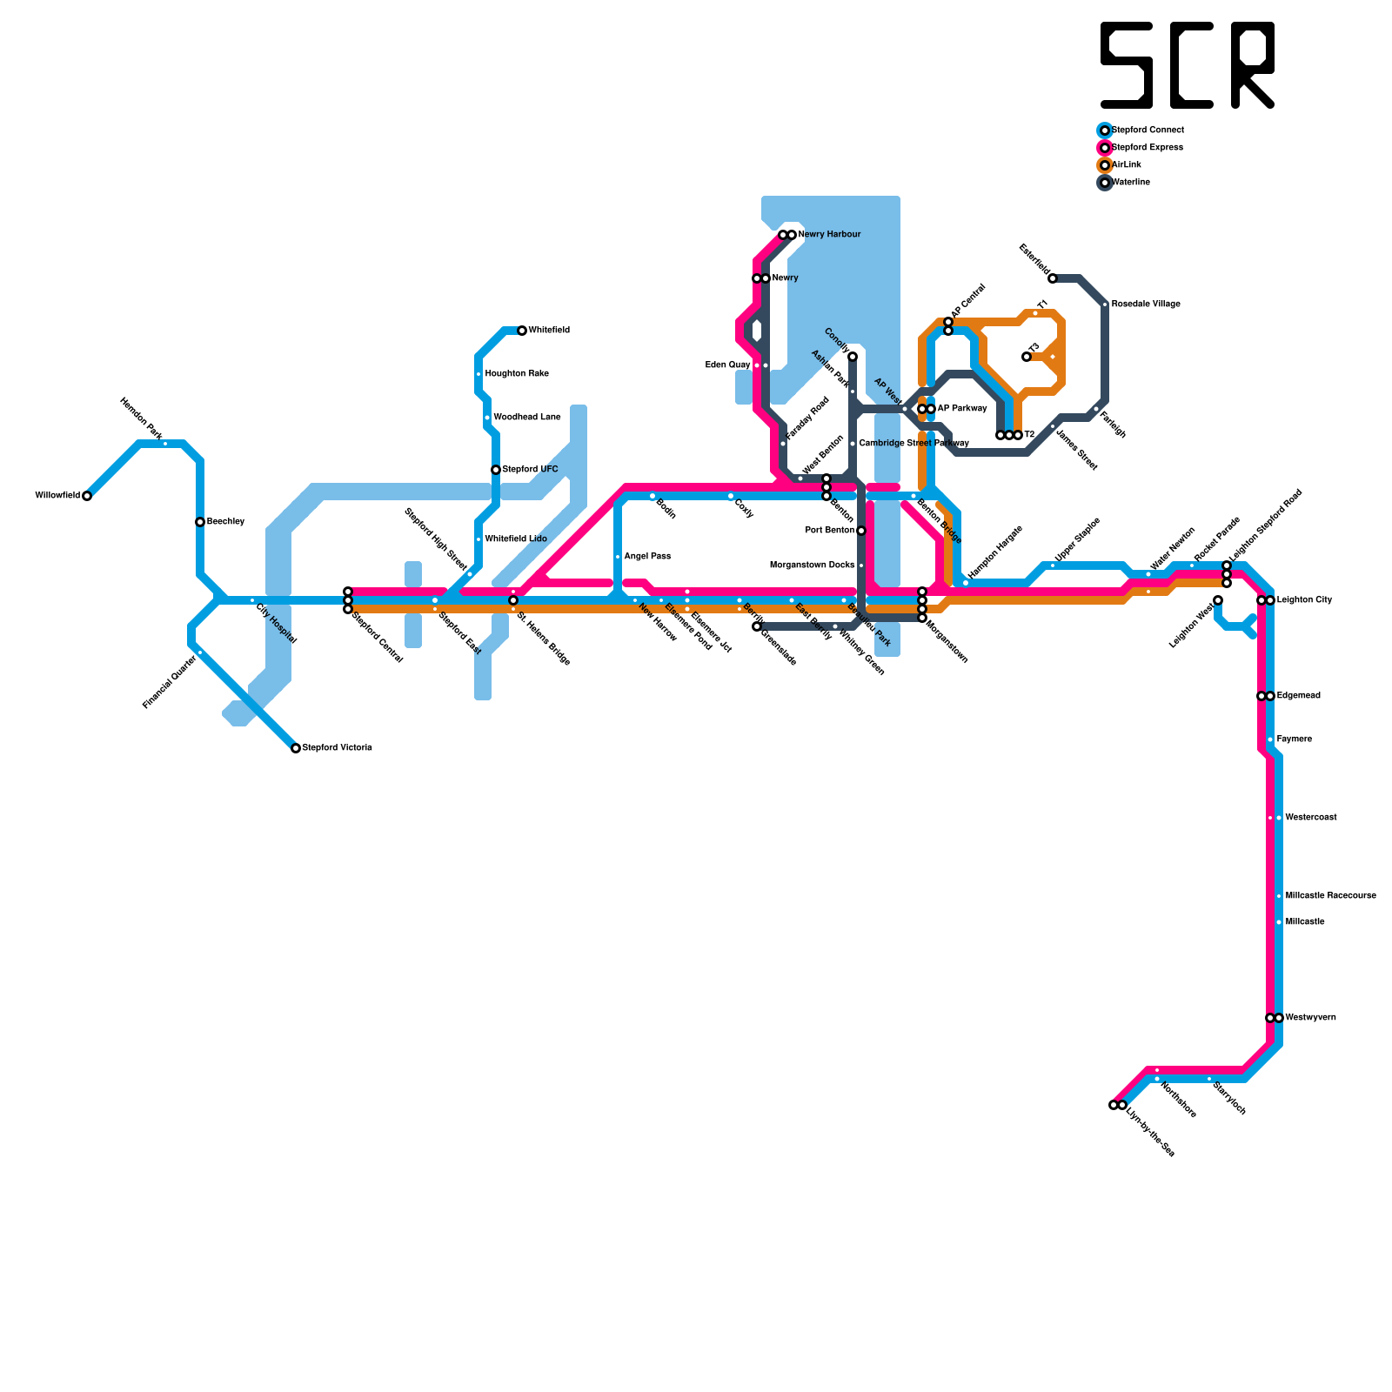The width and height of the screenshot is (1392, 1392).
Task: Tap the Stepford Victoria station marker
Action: (x=296, y=748)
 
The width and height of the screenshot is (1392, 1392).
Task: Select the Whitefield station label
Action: (x=549, y=331)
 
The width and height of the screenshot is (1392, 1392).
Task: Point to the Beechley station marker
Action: (x=200, y=522)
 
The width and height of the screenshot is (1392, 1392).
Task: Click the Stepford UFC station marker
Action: (x=496, y=470)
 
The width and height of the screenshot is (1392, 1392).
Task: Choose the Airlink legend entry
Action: (x=1127, y=165)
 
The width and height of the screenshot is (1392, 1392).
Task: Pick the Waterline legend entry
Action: (x=1130, y=183)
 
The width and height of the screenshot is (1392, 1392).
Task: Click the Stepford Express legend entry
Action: (x=1147, y=148)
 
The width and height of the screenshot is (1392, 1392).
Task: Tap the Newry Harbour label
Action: (x=829, y=235)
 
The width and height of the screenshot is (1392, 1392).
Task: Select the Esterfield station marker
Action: (x=1053, y=278)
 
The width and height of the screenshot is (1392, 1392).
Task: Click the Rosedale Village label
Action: (x=1146, y=304)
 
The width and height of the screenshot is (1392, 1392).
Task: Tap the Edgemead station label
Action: (x=1298, y=696)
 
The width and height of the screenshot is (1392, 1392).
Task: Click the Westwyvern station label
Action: (x=1309, y=1018)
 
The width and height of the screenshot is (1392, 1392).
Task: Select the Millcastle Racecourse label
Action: (x=1330, y=896)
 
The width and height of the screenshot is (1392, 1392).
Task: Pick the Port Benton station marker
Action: (x=861, y=531)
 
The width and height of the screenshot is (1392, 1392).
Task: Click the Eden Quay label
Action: (x=727, y=365)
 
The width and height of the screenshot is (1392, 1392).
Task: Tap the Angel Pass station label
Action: (x=647, y=557)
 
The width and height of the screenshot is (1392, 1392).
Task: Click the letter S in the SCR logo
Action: (x=1127, y=65)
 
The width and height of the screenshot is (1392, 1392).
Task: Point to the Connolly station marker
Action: (x=853, y=357)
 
